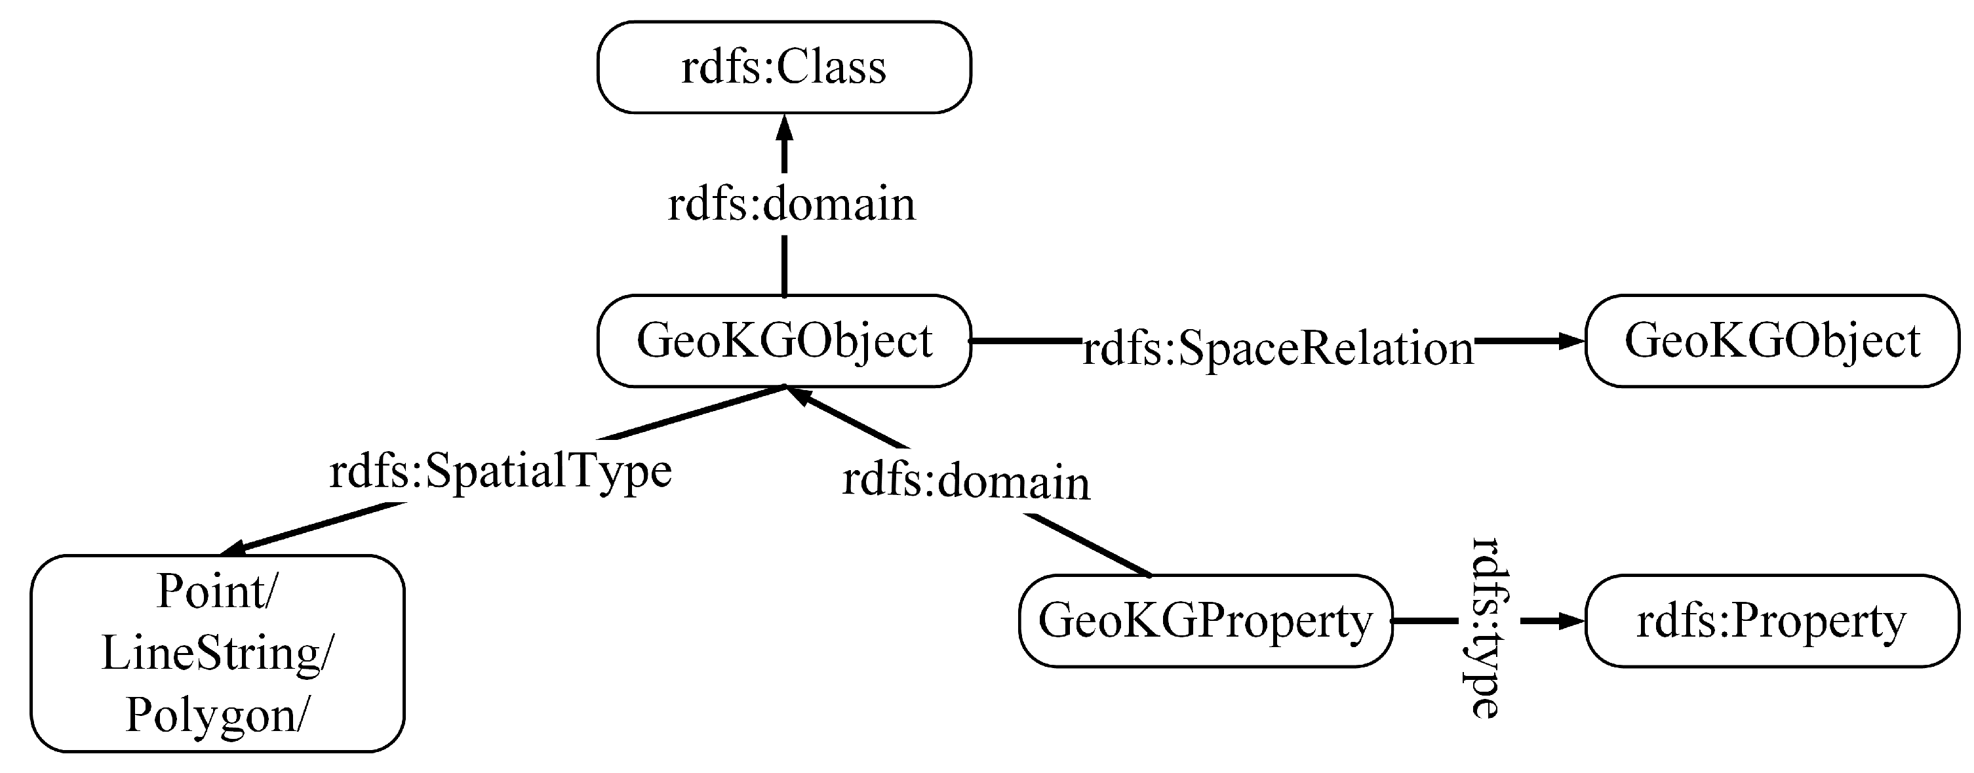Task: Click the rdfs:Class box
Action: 784,68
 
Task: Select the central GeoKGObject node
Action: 784,341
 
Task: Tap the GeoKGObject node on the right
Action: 1771,341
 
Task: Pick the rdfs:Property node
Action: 1771,620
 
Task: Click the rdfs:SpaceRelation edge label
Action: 1278,349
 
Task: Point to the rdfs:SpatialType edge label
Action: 500,470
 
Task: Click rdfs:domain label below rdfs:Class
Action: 791,205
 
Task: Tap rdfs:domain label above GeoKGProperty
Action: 966,482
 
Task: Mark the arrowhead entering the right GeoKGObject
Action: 1571,341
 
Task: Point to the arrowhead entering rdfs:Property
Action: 1571,620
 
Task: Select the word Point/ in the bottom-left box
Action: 217,592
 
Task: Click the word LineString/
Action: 217,654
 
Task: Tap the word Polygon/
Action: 217,715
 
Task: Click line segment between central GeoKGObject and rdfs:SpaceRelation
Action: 1025,340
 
